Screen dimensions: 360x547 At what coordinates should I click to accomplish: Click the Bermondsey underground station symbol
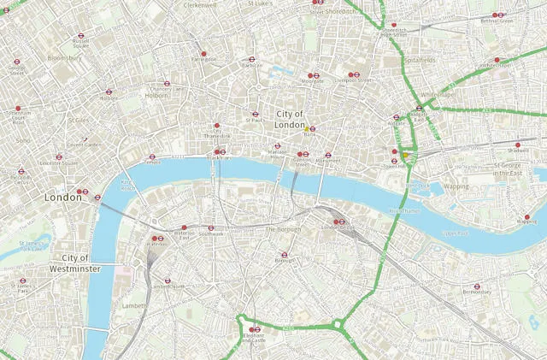click(477, 286)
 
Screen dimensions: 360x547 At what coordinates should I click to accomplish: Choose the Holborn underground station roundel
click(109, 92)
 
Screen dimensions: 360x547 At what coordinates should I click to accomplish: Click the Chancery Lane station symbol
click(166, 84)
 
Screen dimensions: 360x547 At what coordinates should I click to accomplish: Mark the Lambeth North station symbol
click(167, 280)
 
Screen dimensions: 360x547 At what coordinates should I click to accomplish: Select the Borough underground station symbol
click(284, 254)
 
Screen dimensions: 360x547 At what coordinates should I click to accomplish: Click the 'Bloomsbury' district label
click(64, 58)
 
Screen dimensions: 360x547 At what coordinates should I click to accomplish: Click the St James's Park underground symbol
click(22, 280)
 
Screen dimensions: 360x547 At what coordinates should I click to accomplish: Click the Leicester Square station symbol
click(58, 156)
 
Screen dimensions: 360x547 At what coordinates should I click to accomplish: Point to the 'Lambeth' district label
click(134, 305)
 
